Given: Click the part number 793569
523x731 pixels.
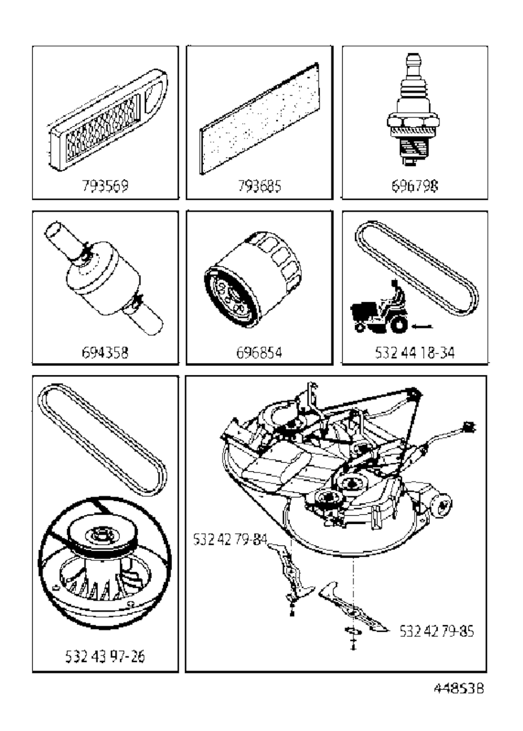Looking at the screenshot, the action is pos(105,186).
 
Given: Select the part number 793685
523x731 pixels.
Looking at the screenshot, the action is pos(259,186).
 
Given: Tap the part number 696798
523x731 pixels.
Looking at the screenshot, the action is pos(415,186).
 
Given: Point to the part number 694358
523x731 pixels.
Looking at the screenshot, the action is pos(105,352).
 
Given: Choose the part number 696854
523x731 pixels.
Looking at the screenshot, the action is pos(259,352).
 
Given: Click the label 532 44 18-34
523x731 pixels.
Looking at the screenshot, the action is pos(415,352).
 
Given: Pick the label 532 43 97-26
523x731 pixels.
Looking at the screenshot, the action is pos(105,656).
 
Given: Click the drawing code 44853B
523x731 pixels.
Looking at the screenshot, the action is pos(459,689).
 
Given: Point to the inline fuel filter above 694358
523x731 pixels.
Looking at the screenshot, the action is pos(104,278).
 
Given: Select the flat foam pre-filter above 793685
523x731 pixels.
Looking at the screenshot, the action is pos(259,118).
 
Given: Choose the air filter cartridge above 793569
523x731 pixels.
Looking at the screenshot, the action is pos(108,120).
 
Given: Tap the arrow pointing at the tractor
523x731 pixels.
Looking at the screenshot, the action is pos(422,326).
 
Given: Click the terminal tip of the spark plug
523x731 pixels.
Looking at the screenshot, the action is pos(413,55).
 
